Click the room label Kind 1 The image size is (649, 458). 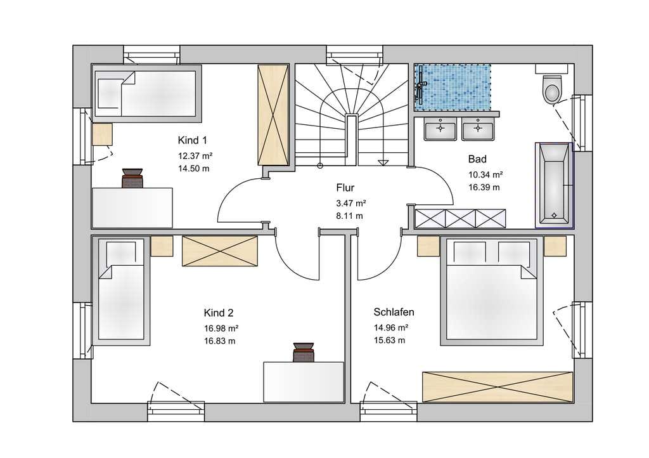click(192, 140)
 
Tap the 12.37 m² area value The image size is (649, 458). click(195, 156)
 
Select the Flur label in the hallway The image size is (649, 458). click(345, 188)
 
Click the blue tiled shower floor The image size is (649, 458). click(453, 88)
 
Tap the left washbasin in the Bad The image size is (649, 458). click(440, 129)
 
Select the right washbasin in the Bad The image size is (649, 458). click(478, 129)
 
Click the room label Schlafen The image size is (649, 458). click(394, 312)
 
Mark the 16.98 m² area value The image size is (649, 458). click(221, 329)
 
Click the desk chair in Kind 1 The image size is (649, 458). click(132, 178)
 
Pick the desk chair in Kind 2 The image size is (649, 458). click(304, 353)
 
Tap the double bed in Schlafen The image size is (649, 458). click(492, 291)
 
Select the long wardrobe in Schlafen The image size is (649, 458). click(498, 387)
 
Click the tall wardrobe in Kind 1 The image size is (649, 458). click(273, 115)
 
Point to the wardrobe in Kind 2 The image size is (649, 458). click(220, 251)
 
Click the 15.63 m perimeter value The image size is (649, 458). click(390, 341)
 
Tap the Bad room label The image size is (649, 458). click(477, 159)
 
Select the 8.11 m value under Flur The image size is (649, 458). click(350, 216)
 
